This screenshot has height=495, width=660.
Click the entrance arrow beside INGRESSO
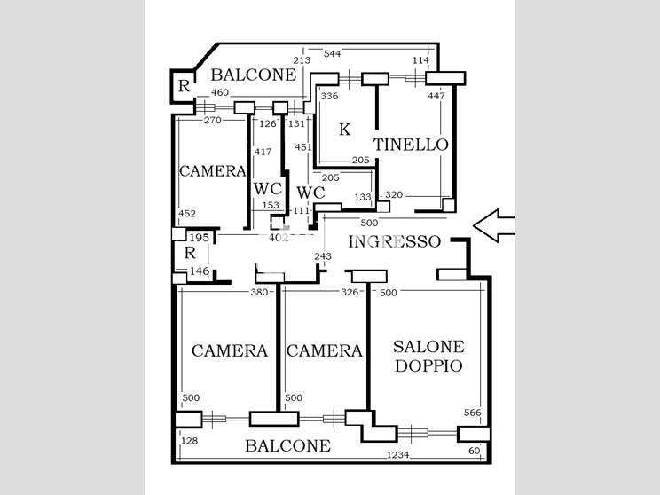(x=494, y=225)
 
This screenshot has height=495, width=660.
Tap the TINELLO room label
(x=411, y=145)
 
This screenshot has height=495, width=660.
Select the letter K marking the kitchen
(x=345, y=130)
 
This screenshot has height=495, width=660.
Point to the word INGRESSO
(x=395, y=241)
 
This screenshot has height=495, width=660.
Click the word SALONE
(x=429, y=347)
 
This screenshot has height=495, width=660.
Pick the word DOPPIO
(x=429, y=365)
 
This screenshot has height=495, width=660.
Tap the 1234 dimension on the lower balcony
(x=397, y=454)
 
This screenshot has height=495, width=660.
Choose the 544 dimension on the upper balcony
(x=332, y=53)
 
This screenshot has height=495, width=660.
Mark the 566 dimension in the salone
(x=472, y=412)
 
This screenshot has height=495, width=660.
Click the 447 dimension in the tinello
(x=436, y=96)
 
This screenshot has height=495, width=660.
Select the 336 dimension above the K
(x=329, y=96)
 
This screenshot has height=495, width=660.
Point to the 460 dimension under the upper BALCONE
(x=220, y=92)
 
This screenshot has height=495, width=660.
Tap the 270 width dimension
(x=213, y=120)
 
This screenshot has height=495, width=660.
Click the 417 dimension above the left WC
(x=263, y=152)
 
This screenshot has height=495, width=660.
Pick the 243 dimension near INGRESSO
(x=323, y=255)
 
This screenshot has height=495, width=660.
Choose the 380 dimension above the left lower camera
(x=259, y=292)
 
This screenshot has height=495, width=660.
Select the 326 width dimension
(x=350, y=292)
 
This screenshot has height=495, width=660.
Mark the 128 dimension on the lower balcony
(x=190, y=441)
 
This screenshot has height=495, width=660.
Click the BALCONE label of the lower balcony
(x=288, y=445)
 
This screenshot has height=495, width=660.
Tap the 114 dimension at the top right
(x=420, y=60)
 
